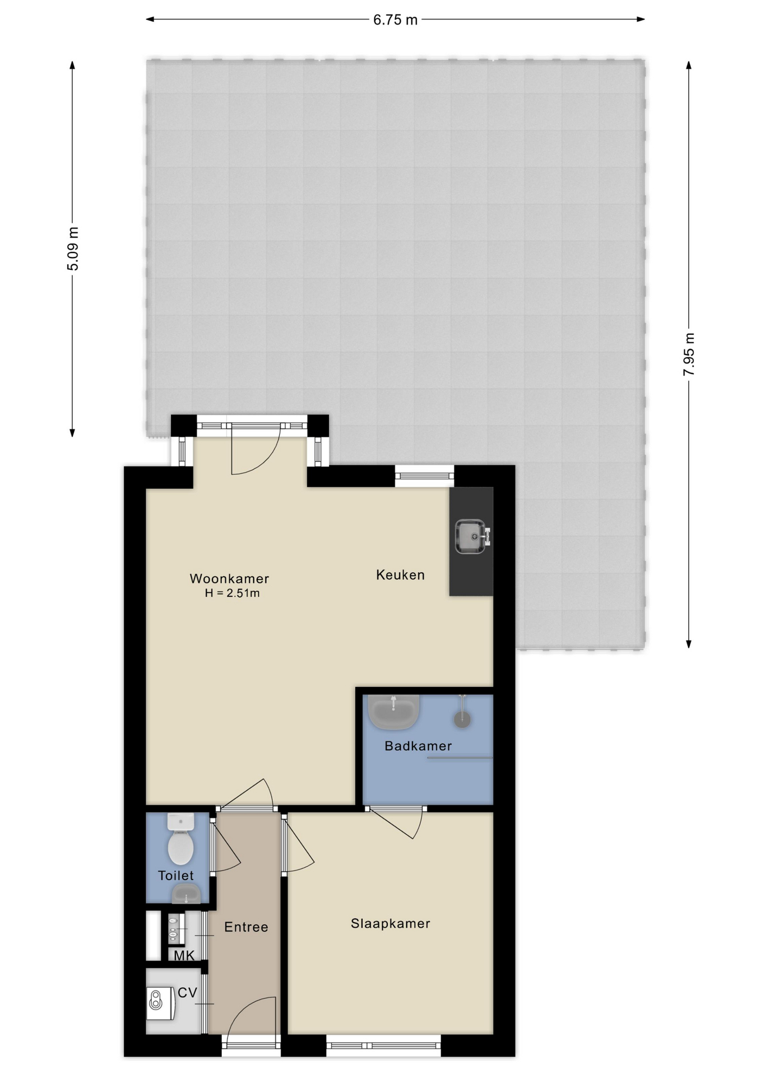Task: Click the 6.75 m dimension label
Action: (395, 20)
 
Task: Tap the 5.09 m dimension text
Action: (73, 249)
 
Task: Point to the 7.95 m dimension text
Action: (689, 354)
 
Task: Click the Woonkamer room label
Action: (229, 578)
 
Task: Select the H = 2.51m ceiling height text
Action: (232, 593)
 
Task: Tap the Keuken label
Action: (400, 575)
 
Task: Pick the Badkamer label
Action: (418, 746)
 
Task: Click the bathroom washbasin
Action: (393, 712)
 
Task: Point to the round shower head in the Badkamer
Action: (462, 719)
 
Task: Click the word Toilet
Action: (175, 875)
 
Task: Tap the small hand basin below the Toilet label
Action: (186, 894)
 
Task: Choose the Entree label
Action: (246, 927)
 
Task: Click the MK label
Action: (184, 955)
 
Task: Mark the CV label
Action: (187, 993)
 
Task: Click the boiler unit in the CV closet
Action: (161, 1003)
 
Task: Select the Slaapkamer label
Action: (391, 923)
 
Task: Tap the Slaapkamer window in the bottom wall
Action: (384, 1045)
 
